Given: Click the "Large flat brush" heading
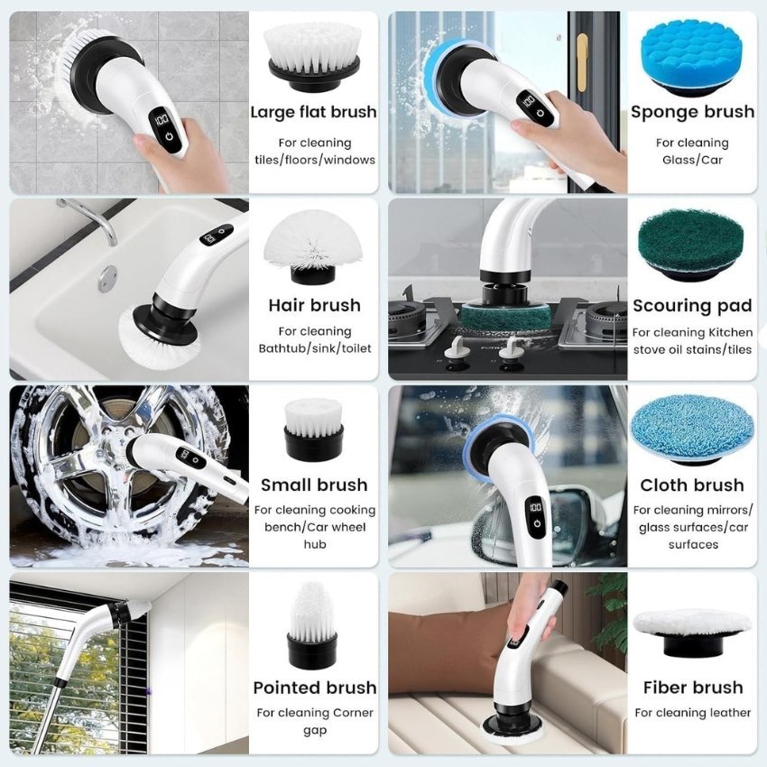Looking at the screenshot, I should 313,112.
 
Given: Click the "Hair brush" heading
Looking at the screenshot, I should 313,305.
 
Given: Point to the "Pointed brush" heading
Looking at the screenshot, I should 313,688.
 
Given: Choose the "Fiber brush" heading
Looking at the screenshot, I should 692,688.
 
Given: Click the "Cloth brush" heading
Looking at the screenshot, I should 692,485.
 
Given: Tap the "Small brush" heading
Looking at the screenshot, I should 313,485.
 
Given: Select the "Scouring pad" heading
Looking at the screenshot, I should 692,306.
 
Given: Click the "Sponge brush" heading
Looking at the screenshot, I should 692,112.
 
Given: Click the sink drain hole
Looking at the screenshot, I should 108,273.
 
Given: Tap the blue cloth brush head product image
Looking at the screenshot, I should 692,427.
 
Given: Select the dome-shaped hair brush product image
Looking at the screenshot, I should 312,245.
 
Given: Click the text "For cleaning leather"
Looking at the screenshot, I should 692,713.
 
